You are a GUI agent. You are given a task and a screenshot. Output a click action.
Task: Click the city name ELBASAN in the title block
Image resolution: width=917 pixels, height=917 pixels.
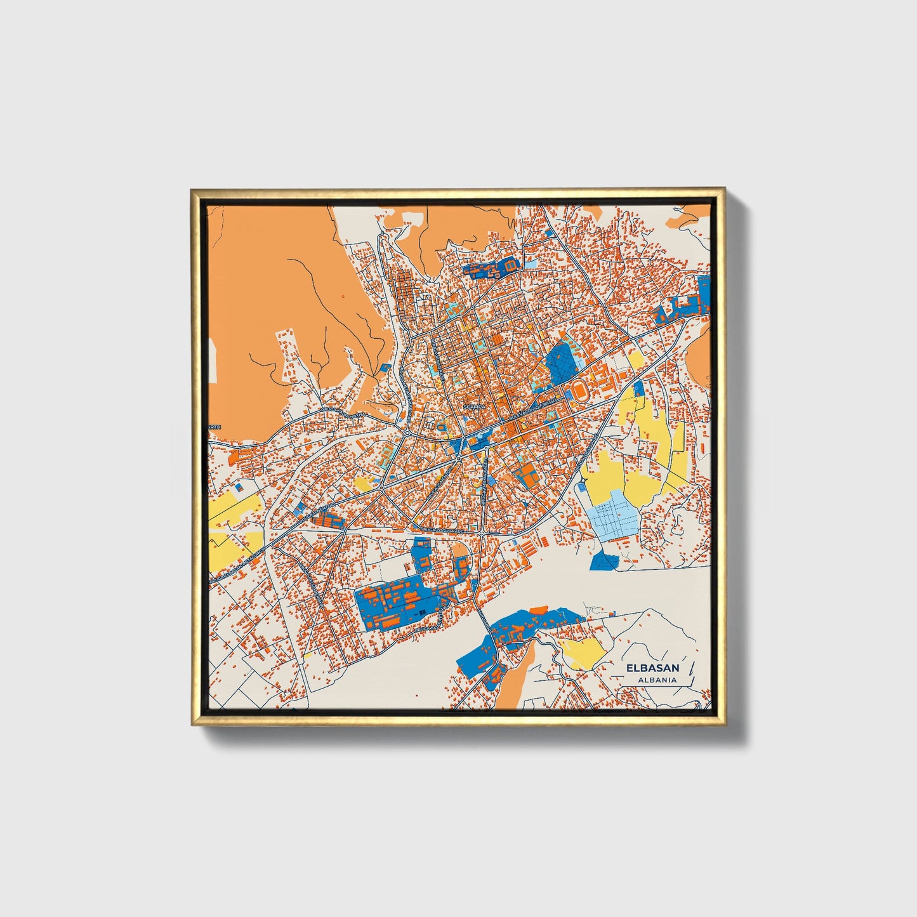point(652,668)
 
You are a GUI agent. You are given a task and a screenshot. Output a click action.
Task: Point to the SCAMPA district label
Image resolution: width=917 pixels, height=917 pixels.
point(475,406)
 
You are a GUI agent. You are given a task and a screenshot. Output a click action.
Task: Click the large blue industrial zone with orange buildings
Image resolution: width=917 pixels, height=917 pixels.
point(397,603)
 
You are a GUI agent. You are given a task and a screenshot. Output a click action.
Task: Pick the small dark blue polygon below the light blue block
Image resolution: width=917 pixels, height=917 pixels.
point(604,560)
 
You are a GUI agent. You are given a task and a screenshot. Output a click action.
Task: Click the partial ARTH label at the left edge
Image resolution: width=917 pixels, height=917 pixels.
point(214,427)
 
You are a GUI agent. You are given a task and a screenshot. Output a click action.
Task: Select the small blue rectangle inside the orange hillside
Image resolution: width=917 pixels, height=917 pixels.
point(385,366)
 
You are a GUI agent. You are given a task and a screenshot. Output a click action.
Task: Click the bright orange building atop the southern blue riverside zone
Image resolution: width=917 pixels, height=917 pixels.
point(538,610)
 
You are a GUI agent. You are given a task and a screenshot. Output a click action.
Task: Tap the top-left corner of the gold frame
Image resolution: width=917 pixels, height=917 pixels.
point(192,190)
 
